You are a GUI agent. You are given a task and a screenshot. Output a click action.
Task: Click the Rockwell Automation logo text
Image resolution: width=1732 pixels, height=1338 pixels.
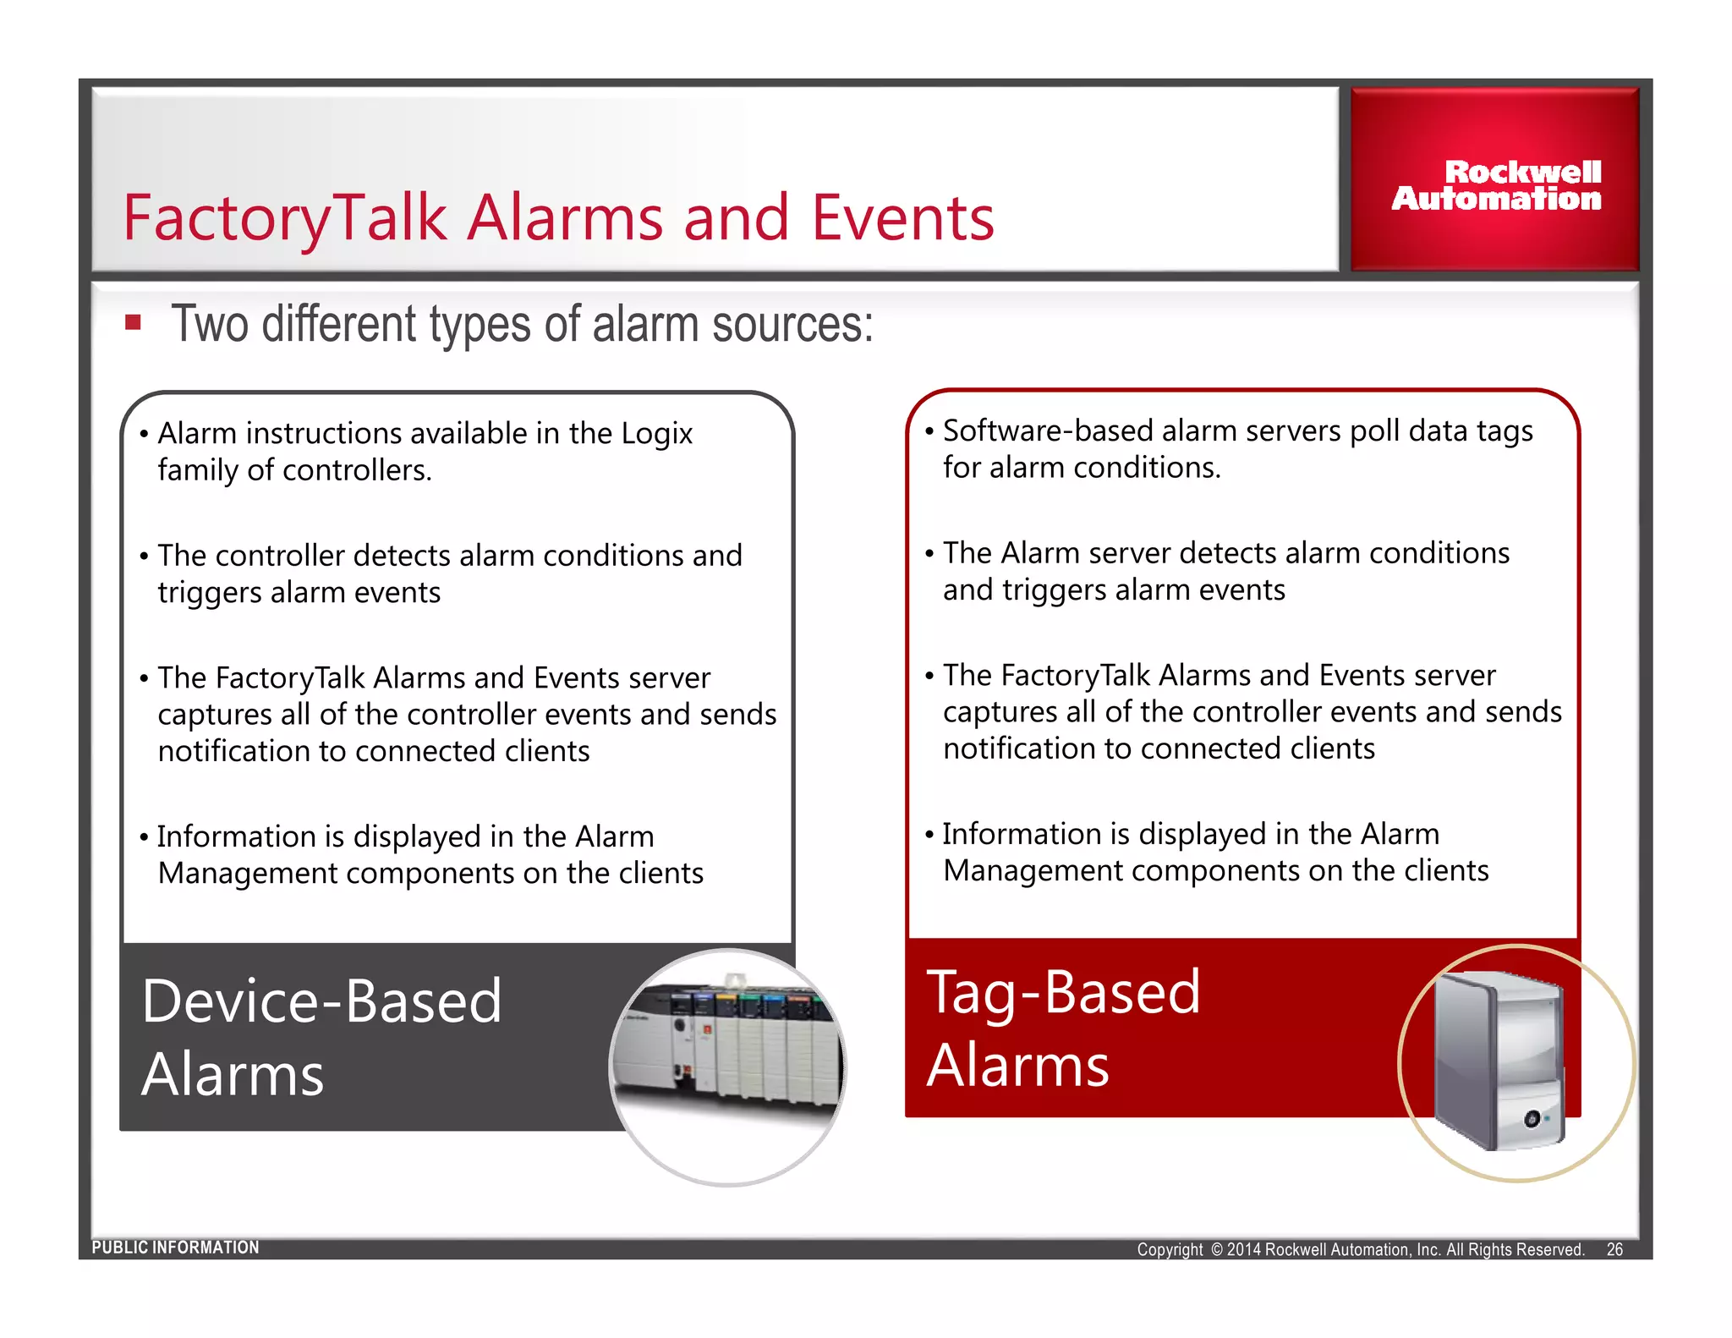point(1497,185)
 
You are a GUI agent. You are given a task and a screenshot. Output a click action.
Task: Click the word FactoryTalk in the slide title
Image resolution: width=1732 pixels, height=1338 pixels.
point(283,218)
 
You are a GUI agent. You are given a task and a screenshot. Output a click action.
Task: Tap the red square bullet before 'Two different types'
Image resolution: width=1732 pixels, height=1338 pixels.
point(133,322)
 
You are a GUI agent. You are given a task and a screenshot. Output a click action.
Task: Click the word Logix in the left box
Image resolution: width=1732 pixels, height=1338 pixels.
point(656,433)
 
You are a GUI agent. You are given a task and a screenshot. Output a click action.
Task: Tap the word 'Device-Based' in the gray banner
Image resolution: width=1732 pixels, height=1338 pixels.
point(321,1001)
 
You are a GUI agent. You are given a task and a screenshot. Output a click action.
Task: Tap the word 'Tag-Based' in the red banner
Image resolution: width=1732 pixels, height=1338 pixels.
point(1063,992)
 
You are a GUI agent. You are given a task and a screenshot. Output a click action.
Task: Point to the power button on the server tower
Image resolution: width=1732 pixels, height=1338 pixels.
point(1532,1120)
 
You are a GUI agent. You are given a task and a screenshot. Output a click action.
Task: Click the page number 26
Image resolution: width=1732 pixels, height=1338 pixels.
point(1614,1249)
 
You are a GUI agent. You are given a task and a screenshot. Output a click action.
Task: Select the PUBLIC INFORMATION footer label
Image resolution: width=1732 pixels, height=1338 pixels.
point(175,1248)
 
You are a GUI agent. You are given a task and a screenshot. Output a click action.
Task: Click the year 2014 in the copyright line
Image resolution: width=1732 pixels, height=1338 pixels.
point(1244,1250)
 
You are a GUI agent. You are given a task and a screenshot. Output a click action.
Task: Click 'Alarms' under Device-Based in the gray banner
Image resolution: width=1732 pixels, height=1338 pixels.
point(233,1075)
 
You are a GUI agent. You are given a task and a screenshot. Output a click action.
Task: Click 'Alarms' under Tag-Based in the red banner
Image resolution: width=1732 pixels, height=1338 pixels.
point(1017,1066)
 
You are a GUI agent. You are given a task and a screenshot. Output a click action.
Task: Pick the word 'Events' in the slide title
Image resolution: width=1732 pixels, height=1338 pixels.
point(902,218)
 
